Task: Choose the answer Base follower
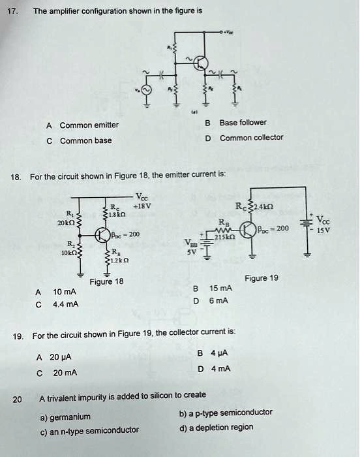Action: (x=243, y=122)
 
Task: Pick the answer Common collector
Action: (x=251, y=138)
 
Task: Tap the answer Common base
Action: (x=85, y=140)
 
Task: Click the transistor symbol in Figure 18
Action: (x=104, y=234)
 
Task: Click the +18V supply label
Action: (x=142, y=205)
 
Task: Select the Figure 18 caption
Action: (x=106, y=282)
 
